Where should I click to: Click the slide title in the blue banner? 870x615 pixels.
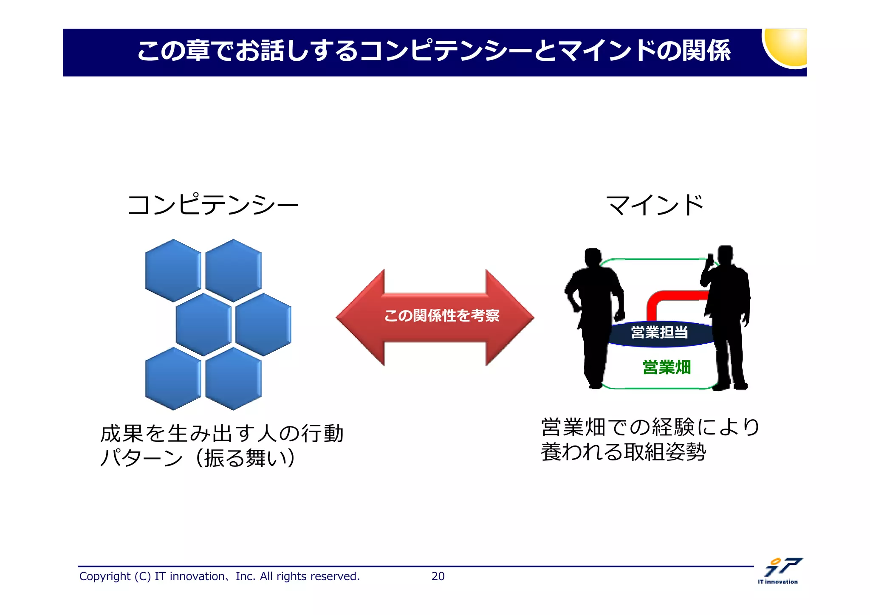click(433, 51)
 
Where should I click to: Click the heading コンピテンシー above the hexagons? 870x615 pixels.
click(212, 205)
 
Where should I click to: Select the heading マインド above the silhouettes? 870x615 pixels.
click(655, 205)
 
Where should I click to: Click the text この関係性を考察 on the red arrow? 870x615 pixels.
click(442, 316)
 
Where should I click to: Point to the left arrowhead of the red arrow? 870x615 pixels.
click(361, 317)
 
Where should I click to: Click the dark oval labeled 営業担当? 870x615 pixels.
click(659, 333)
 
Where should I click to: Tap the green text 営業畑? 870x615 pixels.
click(667, 367)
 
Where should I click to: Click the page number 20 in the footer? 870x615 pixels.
click(438, 576)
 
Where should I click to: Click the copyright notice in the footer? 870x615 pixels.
click(219, 576)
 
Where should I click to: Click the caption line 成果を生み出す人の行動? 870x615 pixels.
click(221, 434)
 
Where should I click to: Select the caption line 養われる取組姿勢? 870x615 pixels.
click(623, 451)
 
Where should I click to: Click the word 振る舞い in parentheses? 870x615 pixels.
click(245, 458)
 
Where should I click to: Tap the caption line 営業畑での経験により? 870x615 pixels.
click(650, 427)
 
